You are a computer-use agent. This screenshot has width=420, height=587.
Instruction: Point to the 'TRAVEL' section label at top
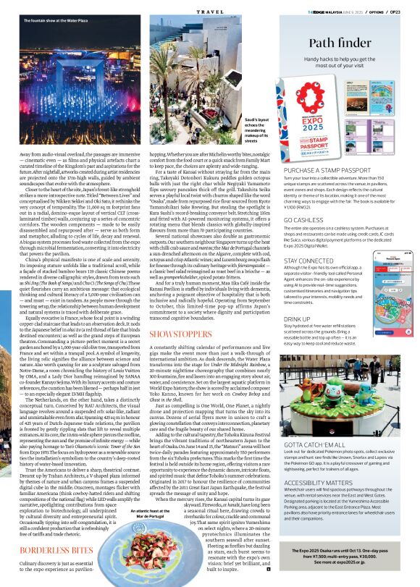(209, 12)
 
